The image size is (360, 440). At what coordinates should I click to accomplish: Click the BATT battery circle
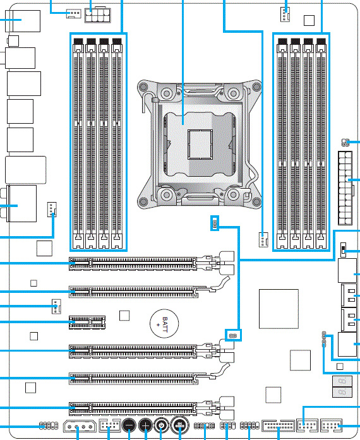[x=164, y=324]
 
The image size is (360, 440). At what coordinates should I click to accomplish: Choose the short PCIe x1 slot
[x=87, y=321]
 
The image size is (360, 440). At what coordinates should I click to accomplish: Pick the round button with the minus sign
[x=129, y=426]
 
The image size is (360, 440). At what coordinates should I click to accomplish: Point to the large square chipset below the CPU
[x=279, y=309]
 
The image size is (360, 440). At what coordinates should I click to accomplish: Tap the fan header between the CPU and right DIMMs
[x=262, y=239]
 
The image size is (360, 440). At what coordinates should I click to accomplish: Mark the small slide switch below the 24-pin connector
[x=343, y=250]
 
